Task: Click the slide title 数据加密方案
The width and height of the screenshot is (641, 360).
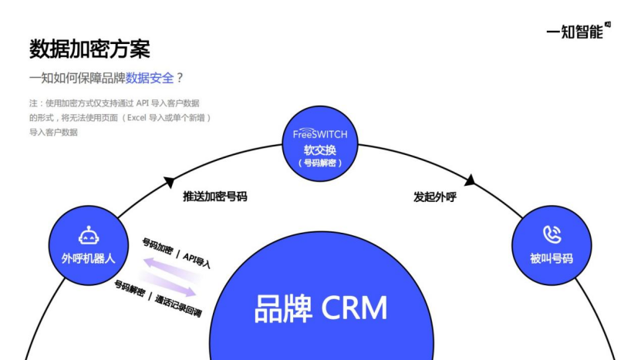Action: coord(89,49)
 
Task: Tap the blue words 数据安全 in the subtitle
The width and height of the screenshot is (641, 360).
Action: coord(150,78)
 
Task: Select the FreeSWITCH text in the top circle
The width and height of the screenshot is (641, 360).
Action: coord(320,133)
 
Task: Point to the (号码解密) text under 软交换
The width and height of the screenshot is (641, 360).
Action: coord(320,163)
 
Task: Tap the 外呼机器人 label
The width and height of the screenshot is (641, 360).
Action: coord(89,258)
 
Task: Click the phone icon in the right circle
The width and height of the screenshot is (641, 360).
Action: coord(552,234)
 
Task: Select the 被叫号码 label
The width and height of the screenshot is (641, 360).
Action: coord(552,258)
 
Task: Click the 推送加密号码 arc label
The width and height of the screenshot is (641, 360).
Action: coord(214,197)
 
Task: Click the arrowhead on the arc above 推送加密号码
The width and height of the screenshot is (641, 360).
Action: coord(169,182)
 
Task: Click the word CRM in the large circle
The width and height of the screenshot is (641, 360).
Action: coord(354,308)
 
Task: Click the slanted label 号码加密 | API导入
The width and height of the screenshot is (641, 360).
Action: coord(177,252)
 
